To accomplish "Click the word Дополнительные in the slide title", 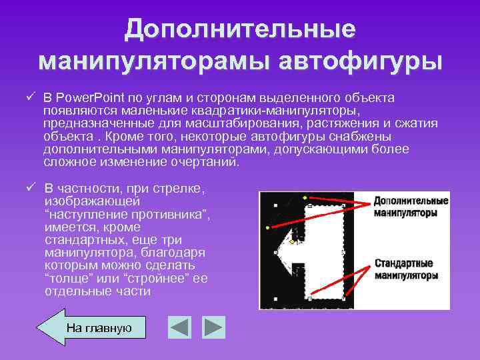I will [240, 29].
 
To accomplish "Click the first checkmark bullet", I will [31, 97].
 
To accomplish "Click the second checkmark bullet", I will [31, 189].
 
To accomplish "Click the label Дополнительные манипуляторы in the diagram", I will [409, 207].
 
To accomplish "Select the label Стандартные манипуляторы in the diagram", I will [405, 269].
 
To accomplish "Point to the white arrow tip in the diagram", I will [279, 251].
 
